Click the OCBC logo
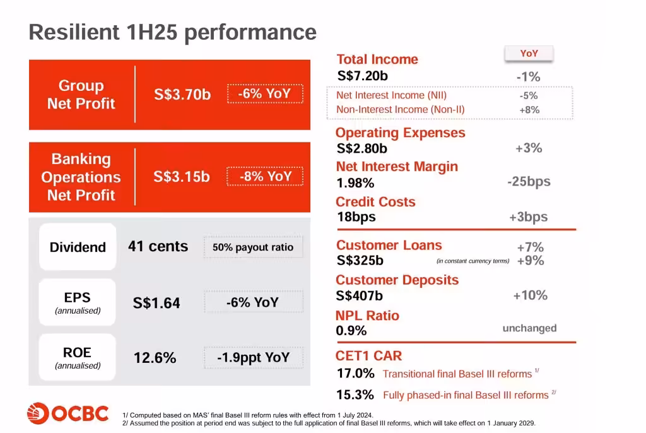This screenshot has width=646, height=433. (x=68, y=413)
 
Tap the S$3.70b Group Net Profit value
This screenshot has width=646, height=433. (x=182, y=95)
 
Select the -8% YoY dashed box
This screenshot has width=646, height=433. (x=266, y=176)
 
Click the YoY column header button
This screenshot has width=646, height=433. (x=529, y=54)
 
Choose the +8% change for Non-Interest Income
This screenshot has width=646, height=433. (x=529, y=110)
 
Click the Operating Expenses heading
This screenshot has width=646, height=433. (x=400, y=133)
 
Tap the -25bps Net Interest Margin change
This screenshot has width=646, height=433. (x=529, y=182)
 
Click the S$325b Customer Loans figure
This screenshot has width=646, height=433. (x=360, y=260)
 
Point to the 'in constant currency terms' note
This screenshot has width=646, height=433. (x=473, y=261)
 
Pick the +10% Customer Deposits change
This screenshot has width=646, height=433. (x=530, y=295)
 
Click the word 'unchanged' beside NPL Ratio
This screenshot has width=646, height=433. (x=529, y=328)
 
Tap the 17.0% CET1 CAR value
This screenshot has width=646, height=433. (x=355, y=373)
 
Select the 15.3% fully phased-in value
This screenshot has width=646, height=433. (x=355, y=395)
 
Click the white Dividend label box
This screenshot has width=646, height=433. (x=78, y=247)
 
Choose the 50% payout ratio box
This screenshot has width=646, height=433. (x=253, y=247)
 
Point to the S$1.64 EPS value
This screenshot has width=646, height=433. (x=156, y=304)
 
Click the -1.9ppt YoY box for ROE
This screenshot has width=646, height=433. (x=253, y=358)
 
